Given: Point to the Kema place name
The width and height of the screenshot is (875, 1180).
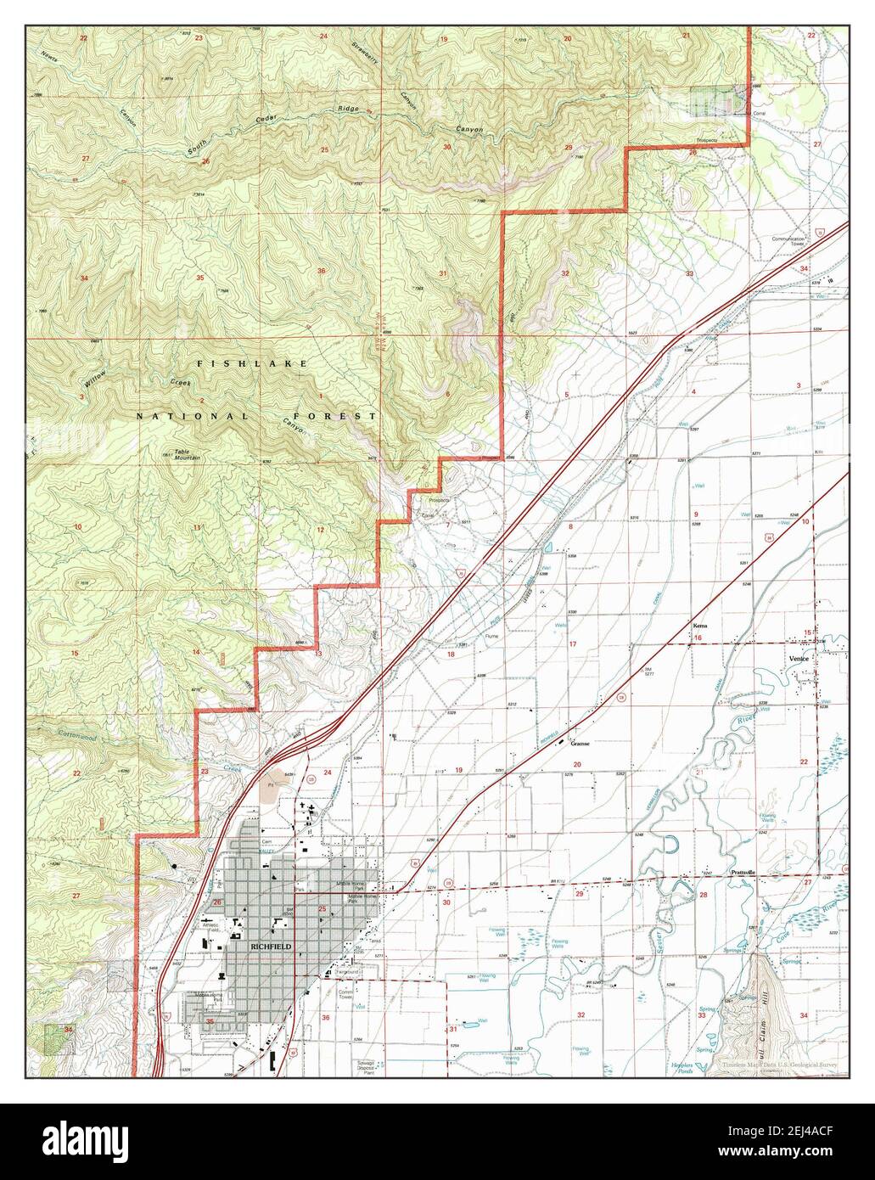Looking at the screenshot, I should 698,626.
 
